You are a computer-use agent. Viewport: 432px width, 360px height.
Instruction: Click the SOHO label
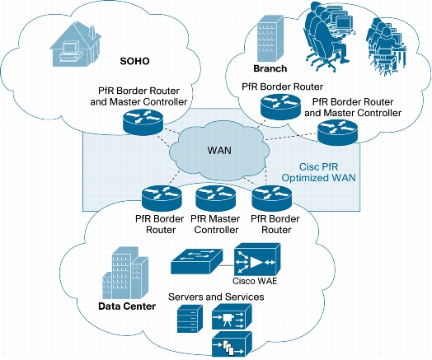pos(134,61)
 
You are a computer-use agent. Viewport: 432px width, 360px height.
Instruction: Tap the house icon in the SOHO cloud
pos(75,44)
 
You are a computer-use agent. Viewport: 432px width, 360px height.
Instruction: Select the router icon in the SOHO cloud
pos(143,121)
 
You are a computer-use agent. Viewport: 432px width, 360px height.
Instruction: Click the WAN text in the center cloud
pos(219,151)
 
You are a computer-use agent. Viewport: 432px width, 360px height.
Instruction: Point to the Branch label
pos(270,68)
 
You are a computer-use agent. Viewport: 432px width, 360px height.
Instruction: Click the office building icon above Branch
pos(270,39)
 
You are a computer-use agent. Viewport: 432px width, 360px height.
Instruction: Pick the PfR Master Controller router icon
pos(216,198)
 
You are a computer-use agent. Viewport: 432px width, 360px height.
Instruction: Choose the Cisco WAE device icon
pos(257,259)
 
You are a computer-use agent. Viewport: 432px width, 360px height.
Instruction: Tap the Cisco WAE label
pos(255,281)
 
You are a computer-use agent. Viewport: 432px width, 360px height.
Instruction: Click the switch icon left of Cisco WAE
pos(196,261)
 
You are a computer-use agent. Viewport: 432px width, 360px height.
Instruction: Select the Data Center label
pos(127,306)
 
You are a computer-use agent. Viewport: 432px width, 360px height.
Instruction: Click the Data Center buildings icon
pos(125,273)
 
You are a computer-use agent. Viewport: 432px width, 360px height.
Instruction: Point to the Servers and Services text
pos(216,297)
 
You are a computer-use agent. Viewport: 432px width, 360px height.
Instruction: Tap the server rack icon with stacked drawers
pos(190,319)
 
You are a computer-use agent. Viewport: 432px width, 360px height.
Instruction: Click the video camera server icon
pos(232,316)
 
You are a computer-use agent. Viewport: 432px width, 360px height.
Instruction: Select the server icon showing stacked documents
pos(232,344)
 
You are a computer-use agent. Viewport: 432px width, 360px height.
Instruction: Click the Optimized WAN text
pos(318,178)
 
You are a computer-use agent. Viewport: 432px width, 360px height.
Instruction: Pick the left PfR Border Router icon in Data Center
pos(162,198)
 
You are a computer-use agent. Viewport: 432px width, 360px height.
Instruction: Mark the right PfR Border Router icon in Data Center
pos(272,198)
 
